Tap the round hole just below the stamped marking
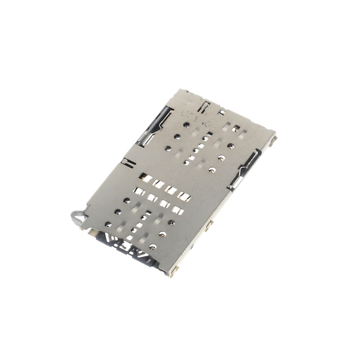pos(187,125)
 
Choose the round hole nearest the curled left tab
pos(108,224)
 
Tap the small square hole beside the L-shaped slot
pos(222,112)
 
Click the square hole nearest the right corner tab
pos(237,128)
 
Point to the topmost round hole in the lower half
pos(127,201)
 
